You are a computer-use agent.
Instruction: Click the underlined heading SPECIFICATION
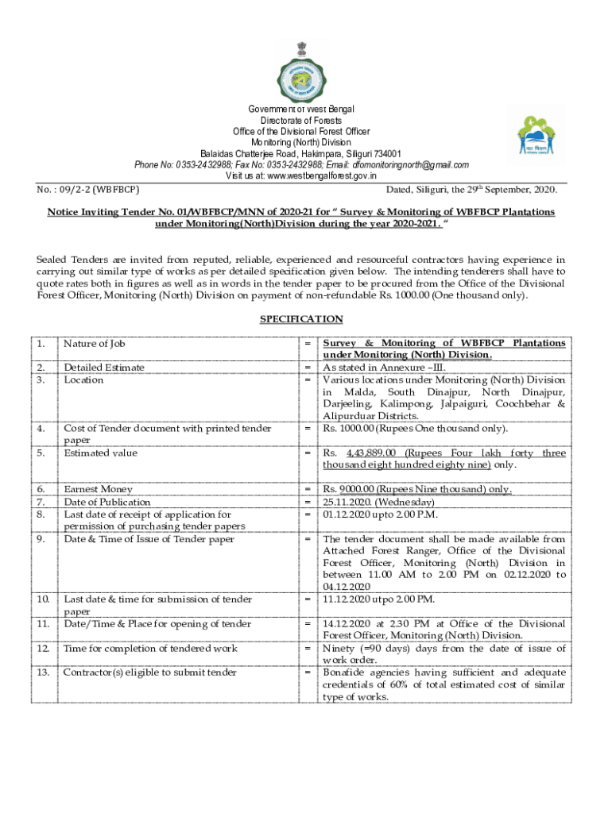click(301, 319)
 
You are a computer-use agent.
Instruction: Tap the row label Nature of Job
click(95, 344)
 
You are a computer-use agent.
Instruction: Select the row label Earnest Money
click(99, 490)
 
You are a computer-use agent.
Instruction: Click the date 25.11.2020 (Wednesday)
click(378, 503)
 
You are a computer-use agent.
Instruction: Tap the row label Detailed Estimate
click(104, 368)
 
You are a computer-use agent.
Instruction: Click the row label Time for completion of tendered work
click(150, 649)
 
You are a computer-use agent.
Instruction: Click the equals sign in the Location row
click(307, 380)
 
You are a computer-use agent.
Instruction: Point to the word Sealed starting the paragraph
click(52, 260)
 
